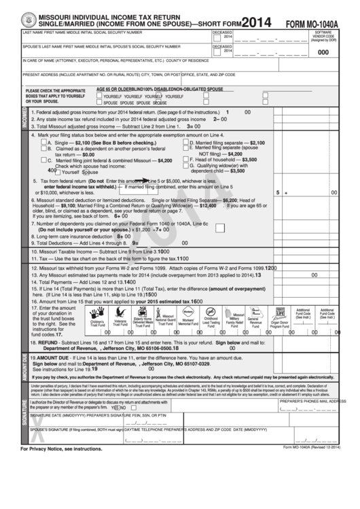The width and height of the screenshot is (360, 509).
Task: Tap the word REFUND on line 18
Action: coord(52,343)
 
